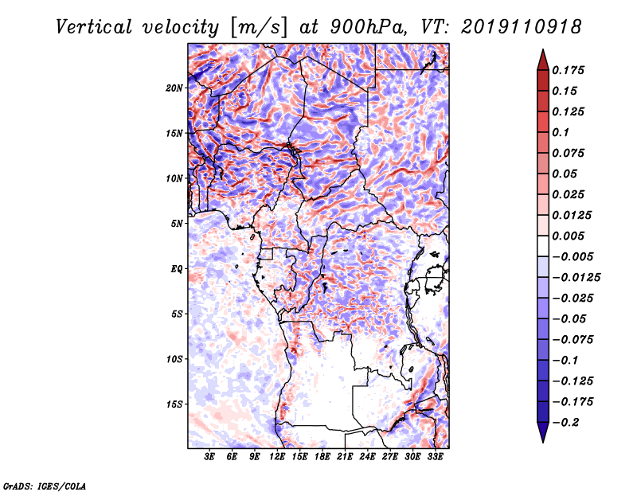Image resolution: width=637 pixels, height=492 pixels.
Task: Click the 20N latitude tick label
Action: click(x=174, y=88)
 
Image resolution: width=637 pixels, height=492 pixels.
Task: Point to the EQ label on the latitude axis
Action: click(x=177, y=269)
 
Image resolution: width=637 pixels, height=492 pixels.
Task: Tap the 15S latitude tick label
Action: click(x=174, y=404)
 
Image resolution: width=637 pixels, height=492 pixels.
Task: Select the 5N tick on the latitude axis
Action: click(x=177, y=224)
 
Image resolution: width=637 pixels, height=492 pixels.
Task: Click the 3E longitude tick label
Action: click(x=210, y=457)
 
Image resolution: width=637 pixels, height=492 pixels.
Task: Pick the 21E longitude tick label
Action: click(x=345, y=457)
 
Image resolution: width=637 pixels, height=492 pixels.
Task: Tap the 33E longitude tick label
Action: click(x=435, y=457)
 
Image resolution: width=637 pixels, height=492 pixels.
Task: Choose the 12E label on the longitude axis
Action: click(x=277, y=457)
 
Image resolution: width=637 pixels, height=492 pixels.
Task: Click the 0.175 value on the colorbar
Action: click(x=570, y=70)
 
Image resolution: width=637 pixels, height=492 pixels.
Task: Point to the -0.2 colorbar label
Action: click(x=570, y=422)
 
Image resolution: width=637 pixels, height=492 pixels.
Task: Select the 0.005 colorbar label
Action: click(x=570, y=236)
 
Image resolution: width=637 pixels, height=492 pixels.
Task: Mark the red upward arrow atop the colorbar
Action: click(x=541, y=57)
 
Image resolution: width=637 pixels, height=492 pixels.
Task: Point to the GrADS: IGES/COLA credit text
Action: click(x=44, y=484)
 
